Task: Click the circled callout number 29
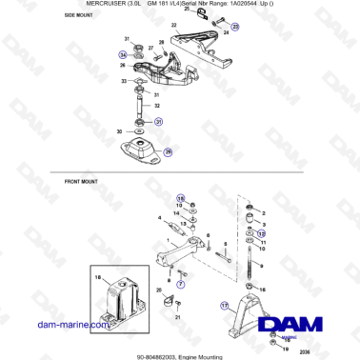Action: click(x=169, y=151)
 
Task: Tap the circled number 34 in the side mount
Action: click(x=123, y=56)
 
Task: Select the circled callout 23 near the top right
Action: click(x=236, y=30)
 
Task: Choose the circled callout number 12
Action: click(x=264, y=232)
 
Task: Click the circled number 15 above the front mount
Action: click(x=178, y=198)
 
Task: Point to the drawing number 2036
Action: click(x=303, y=351)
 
